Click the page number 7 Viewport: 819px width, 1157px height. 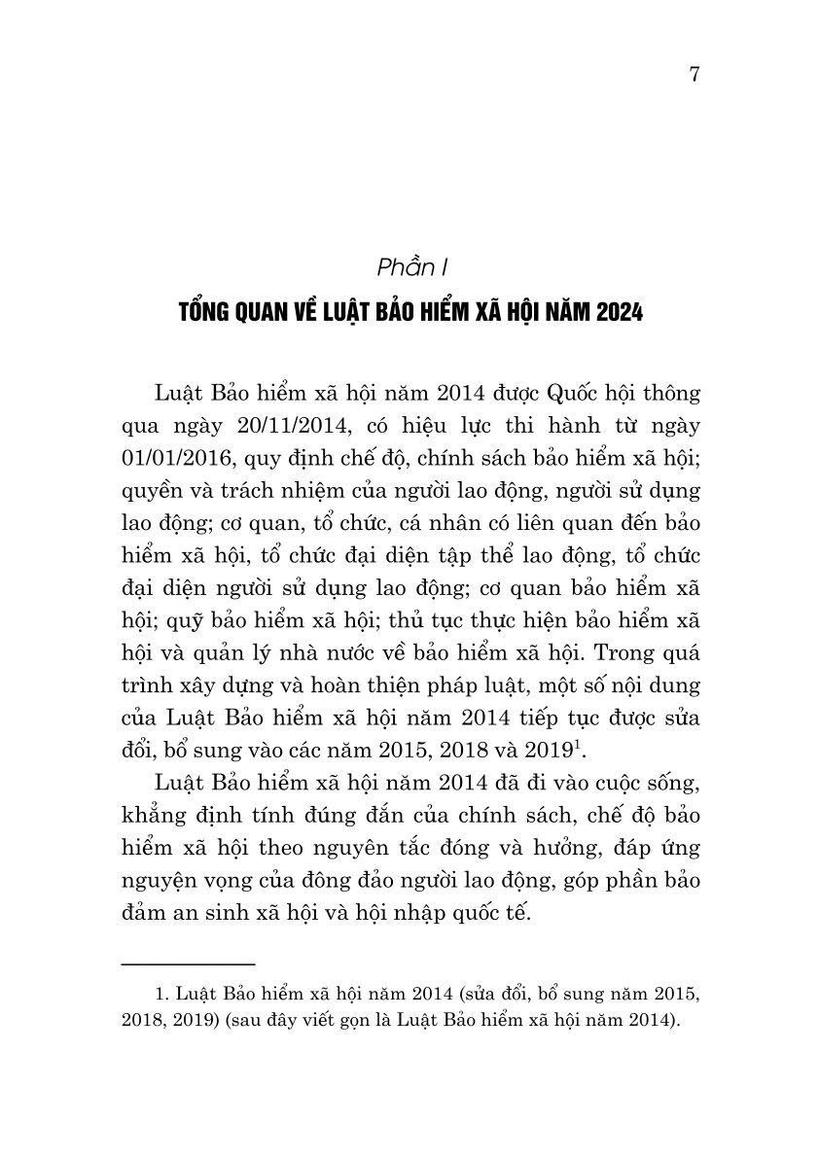pos(694,77)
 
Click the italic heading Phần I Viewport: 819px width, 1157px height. pos(409,265)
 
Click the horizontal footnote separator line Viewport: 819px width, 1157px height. pos(187,964)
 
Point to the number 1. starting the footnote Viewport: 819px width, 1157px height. pos(162,995)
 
